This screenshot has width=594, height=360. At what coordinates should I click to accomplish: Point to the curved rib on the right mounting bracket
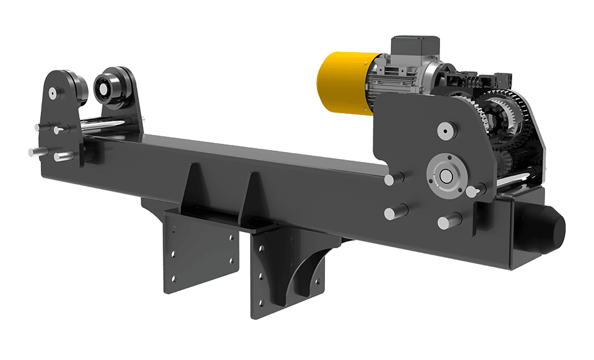308,270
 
